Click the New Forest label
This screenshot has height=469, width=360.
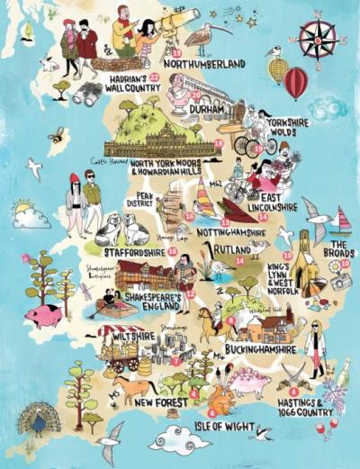(x=160, y=402)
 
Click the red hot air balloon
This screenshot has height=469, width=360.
(x=295, y=82)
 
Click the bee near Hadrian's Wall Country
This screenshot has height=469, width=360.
(x=57, y=136)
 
